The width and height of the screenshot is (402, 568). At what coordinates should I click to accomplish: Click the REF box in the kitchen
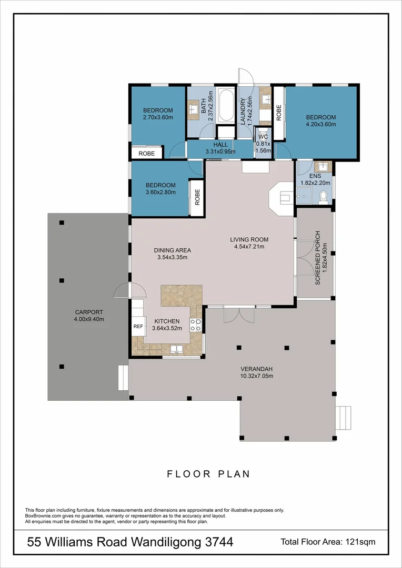(138, 327)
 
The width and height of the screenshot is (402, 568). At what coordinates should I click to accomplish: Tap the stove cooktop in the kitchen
(196, 325)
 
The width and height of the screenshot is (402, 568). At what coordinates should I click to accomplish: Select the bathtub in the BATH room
(226, 105)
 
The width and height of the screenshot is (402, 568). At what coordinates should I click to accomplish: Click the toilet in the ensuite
(324, 196)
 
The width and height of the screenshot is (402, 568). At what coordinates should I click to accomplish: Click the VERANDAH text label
(257, 369)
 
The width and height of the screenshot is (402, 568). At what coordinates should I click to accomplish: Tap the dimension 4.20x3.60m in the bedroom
(321, 125)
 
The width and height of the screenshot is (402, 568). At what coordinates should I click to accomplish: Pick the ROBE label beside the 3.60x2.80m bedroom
(197, 196)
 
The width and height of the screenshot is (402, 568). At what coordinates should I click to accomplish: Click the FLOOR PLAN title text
(208, 474)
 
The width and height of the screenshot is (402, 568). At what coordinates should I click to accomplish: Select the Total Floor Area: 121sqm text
(328, 542)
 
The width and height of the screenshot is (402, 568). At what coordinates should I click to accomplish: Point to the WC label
(263, 137)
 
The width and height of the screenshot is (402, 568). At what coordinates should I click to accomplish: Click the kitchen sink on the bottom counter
(177, 349)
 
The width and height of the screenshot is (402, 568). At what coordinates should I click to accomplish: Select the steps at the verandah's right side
(344, 418)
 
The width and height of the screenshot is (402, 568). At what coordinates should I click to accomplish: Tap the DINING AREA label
(172, 250)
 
